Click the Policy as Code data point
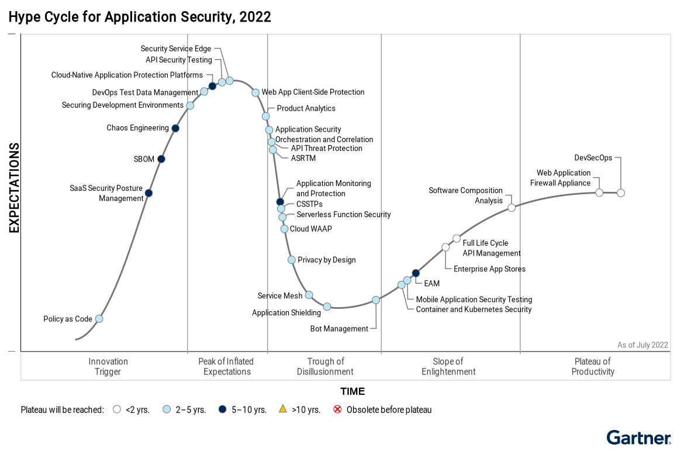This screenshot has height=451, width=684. click(x=99, y=319)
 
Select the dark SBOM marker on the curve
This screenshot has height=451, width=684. click(x=161, y=159)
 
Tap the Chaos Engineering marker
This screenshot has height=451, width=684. click(x=175, y=128)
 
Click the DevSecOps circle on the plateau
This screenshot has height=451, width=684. click(x=621, y=193)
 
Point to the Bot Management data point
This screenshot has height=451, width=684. click(x=376, y=300)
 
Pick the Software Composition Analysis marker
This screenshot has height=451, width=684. click(x=512, y=208)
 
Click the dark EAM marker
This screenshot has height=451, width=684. click(x=416, y=273)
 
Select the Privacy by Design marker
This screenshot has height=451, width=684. click(x=291, y=260)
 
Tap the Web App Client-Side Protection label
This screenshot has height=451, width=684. click(x=313, y=92)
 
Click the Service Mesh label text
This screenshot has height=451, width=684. click(x=280, y=296)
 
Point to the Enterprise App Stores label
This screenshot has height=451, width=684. click(x=489, y=269)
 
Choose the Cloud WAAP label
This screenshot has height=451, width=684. click(x=310, y=229)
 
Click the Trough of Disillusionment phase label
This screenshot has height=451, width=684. click(x=325, y=367)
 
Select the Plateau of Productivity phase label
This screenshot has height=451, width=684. click(x=593, y=367)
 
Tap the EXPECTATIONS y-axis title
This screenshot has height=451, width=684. click(x=14, y=188)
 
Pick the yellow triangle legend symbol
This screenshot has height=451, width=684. click(x=282, y=409)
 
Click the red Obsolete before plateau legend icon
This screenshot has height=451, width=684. click(x=337, y=409)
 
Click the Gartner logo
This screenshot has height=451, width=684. click(x=638, y=438)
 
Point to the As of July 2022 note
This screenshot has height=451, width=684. click(x=642, y=345)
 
